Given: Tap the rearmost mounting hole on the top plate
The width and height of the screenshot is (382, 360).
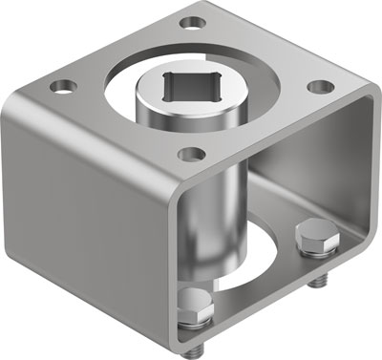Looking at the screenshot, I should click(x=194, y=21).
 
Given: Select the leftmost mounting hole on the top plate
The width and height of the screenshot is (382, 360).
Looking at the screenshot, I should click(x=65, y=86).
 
